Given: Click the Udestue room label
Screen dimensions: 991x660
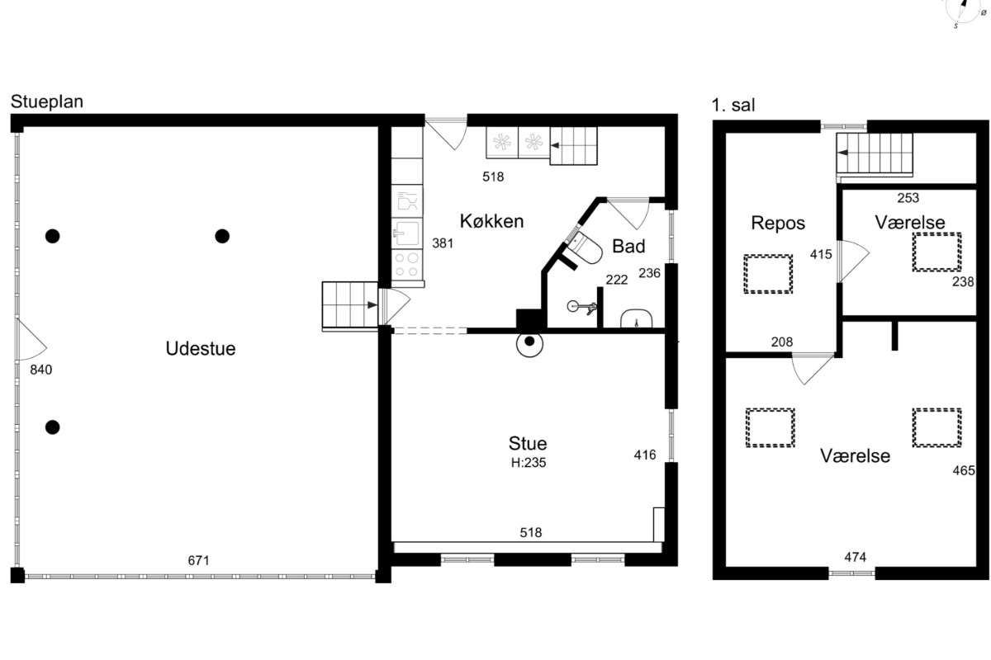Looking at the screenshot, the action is [x=201, y=349].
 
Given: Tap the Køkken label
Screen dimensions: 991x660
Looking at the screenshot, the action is [x=491, y=221].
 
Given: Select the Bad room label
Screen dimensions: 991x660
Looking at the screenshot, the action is [x=628, y=246].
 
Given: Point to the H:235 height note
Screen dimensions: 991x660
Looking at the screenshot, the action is [x=529, y=463].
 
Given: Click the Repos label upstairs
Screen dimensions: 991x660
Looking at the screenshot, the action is [x=778, y=224].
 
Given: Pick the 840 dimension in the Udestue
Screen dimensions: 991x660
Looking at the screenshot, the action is [x=41, y=370].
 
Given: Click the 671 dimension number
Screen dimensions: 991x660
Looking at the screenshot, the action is [x=198, y=560].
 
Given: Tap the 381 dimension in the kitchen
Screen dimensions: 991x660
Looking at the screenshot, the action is [x=443, y=243].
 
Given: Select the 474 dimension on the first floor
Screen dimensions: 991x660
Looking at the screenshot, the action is [x=856, y=557].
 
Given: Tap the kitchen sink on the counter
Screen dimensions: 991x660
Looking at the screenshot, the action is [x=406, y=233].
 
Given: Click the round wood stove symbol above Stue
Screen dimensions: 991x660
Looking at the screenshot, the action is [x=529, y=342].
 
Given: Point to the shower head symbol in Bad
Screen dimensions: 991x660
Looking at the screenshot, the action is [x=583, y=306].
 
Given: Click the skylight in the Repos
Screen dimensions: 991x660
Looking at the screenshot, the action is [x=767, y=274].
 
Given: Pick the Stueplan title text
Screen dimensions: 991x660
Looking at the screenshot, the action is [x=47, y=101].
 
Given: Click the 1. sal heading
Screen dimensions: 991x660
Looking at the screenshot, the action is [x=733, y=106].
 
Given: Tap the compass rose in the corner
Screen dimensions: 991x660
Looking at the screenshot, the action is [x=964, y=9].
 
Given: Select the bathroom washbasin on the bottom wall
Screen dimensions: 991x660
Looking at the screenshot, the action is [x=636, y=318].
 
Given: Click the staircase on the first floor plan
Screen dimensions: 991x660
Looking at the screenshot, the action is [x=875, y=153].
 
